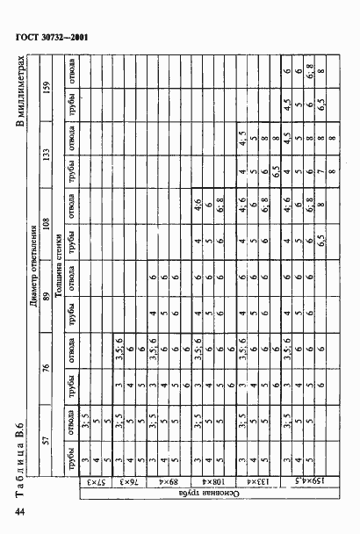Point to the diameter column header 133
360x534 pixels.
click(x=49, y=157)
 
